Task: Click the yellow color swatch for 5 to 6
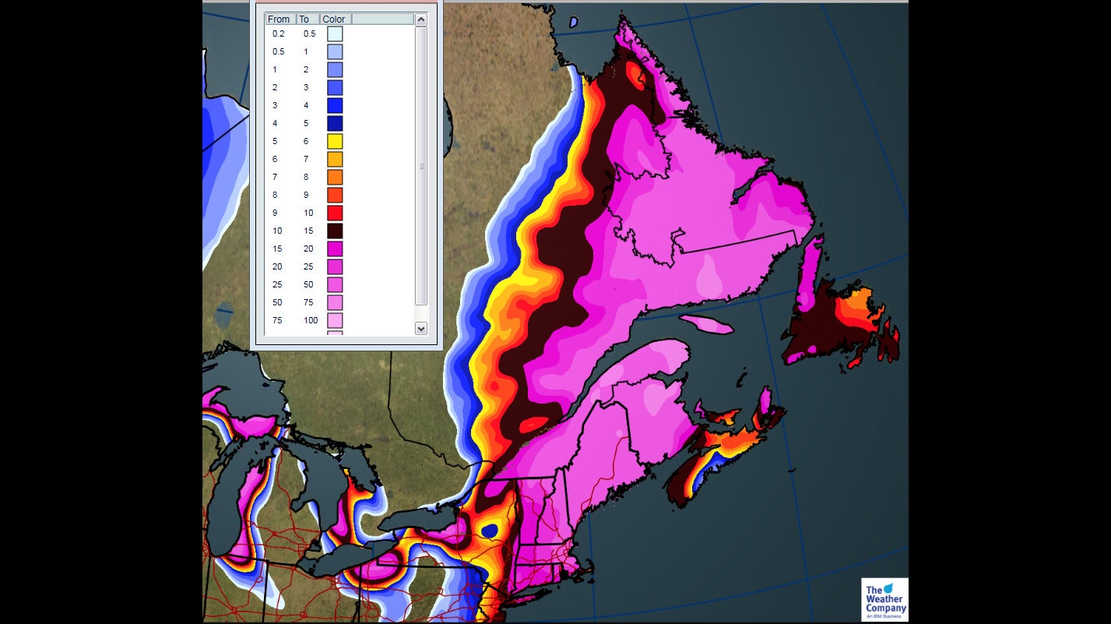pyautogui.click(x=335, y=141)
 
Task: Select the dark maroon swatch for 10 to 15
pyautogui.click(x=335, y=231)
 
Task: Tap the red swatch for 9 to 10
pyautogui.click(x=335, y=213)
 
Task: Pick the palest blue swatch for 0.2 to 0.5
pyautogui.click(x=335, y=33)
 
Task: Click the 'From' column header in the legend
pyautogui.click(x=279, y=19)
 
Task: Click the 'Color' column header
pyautogui.click(x=334, y=19)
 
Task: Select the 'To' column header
pyautogui.click(x=304, y=19)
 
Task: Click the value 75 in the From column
pyautogui.click(x=278, y=320)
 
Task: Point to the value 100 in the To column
pyautogui.click(x=311, y=320)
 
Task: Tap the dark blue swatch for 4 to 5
pyautogui.click(x=335, y=123)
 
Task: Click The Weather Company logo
pyautogui.click(x=884, y=599)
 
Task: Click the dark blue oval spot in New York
pyautogui.click(x=490, y=531)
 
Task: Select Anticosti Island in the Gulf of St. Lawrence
pyautogui.click(x=706, y=323)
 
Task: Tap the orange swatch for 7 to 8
pyautogui.click(x=335, y=177)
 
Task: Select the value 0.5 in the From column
pyautogui.click(x=278, y=51)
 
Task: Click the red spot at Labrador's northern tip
pyautogui.click(x=636, y=75)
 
